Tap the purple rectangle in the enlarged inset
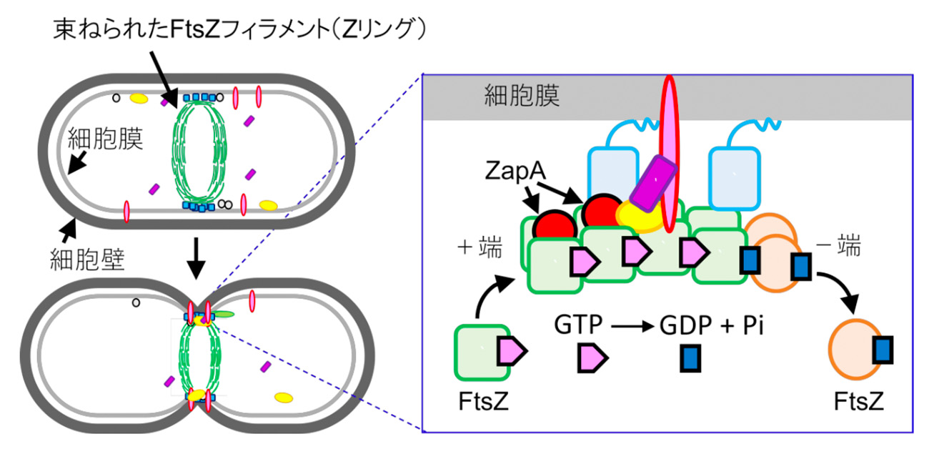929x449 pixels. (652, 184)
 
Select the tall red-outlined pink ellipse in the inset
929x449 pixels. (669, 154)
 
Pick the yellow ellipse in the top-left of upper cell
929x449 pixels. (139, 96)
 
